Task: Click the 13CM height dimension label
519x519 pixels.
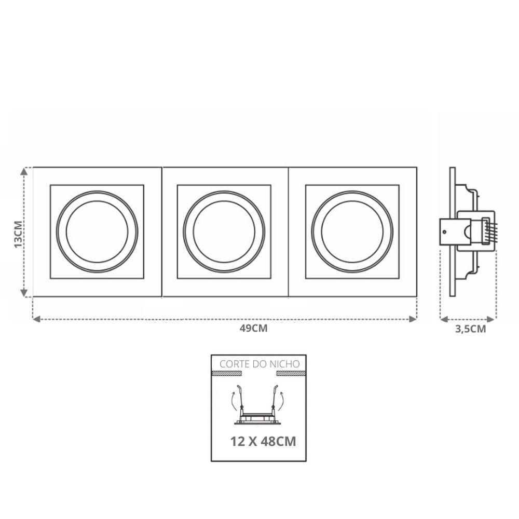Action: coord(19,234)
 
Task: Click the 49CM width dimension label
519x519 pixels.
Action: coord(253,329)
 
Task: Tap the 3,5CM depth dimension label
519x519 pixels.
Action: coord(470,329)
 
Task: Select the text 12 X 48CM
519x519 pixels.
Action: coord(263,442)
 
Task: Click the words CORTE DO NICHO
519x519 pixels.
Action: coord(259,364)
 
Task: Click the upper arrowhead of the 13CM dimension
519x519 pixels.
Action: coord(24,171)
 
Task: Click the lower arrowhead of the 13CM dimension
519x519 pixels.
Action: coord(24,293)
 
